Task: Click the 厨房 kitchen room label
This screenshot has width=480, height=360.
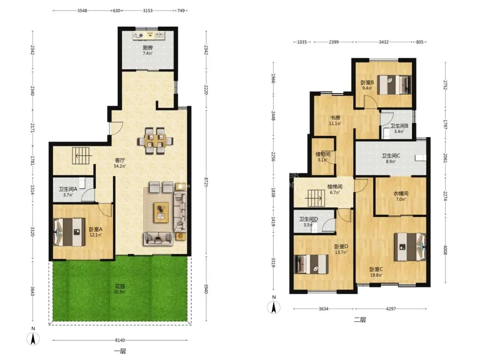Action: tap(148, 48)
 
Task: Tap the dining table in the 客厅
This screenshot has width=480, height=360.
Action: tap(155, 141)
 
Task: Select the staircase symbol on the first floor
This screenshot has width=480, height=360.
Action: tap(81, 156)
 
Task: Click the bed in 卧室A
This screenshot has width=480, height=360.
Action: tap(69, 232)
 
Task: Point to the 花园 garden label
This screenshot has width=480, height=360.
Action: tap(120, 287)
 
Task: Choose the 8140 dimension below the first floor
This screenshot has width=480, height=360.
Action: tap(120, 340)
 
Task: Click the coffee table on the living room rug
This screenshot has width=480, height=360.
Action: tap(161, 212)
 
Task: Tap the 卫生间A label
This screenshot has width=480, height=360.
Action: tap(68, 189)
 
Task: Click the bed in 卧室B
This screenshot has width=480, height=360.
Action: tap(393, 84)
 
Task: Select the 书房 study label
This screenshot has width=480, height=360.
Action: tap(335, 117)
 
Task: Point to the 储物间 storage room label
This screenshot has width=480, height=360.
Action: tap(323, 154)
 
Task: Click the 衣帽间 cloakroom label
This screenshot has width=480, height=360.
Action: tap(401, 193)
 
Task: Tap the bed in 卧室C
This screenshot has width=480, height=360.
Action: tap(410, 247)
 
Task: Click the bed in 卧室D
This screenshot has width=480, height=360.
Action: tap(311, 264)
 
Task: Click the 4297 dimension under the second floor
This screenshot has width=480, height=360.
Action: tap(391, 308)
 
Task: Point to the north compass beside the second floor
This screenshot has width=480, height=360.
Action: tap(274, 307)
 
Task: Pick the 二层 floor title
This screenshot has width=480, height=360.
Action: tap(360, 320)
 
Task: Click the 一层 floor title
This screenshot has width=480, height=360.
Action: tap(120, 351)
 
